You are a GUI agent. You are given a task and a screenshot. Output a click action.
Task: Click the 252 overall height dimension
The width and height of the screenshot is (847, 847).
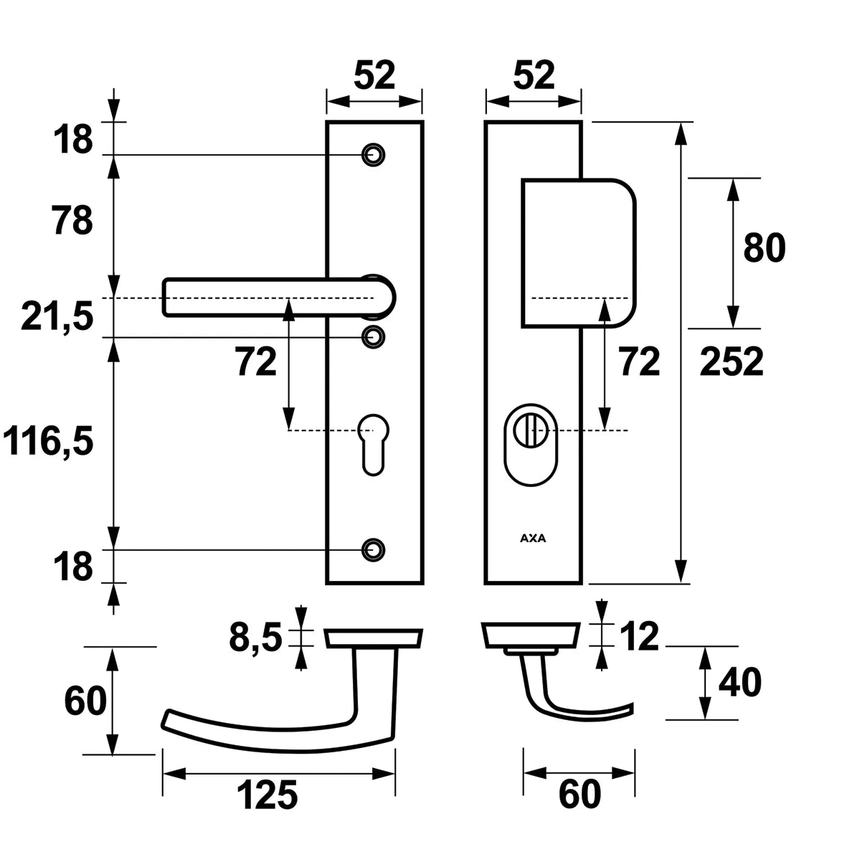pos(732,362)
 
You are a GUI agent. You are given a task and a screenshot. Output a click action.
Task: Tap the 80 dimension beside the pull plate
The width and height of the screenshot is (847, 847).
pos(765,248)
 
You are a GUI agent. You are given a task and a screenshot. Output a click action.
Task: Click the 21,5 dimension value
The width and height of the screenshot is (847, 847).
pos(57,316)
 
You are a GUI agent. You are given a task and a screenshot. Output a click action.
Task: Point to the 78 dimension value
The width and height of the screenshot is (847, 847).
pos(72,221)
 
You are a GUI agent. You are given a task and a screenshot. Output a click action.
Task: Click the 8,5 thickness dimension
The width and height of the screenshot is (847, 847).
pos(255,637)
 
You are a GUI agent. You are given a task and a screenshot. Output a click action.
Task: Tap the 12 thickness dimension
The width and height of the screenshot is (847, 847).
pos(637,637)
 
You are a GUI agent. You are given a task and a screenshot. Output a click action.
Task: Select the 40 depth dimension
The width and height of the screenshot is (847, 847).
pos(739,683)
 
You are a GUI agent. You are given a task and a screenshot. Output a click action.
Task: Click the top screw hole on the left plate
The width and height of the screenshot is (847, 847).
pos(373,155)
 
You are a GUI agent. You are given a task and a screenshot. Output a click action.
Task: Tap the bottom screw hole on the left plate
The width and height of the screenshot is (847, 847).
pos(373,549)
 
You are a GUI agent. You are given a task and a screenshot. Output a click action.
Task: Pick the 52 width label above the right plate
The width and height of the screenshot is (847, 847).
pos(534,75)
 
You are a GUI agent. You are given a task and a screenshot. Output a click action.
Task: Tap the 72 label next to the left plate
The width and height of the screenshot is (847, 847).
pos(256,363)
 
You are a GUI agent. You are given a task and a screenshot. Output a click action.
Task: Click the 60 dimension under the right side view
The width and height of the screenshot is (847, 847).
pos(579,795)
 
